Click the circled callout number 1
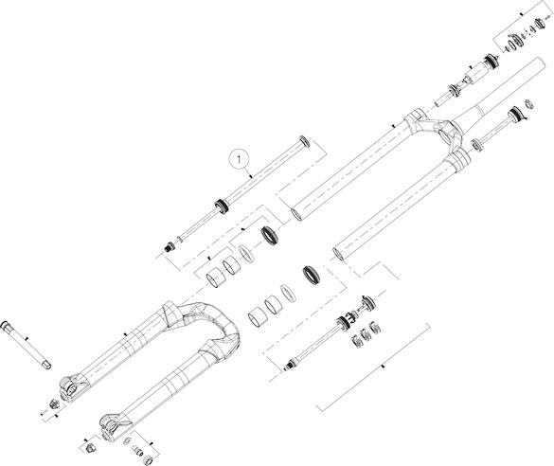click(240, 159)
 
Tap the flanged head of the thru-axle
click(7, 325)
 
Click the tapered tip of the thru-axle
click(46, 365)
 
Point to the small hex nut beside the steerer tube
click(529, 104)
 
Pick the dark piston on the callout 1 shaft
click(222, 206)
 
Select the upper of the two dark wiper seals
click(270, 235)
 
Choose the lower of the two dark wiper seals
click(312, 275)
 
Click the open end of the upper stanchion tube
click(295, 214)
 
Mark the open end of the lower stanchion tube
click(339, 254)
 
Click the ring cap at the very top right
click(540, 24)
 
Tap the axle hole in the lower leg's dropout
click(112, 428)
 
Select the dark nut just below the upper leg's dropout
click(55, 403)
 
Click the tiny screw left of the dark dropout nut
click(45, 412)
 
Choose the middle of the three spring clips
click(365, 333)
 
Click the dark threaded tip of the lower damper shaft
click(290, 365)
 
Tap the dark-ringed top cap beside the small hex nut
click(516, 115)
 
